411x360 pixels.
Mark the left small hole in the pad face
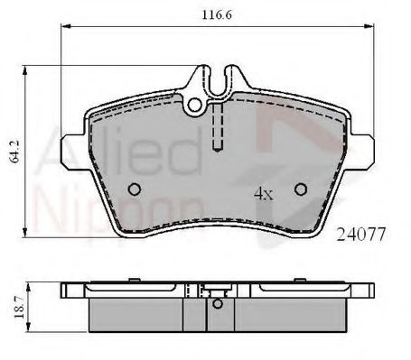[x=134, y=189]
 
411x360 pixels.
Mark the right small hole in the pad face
[x=302, y=189]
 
